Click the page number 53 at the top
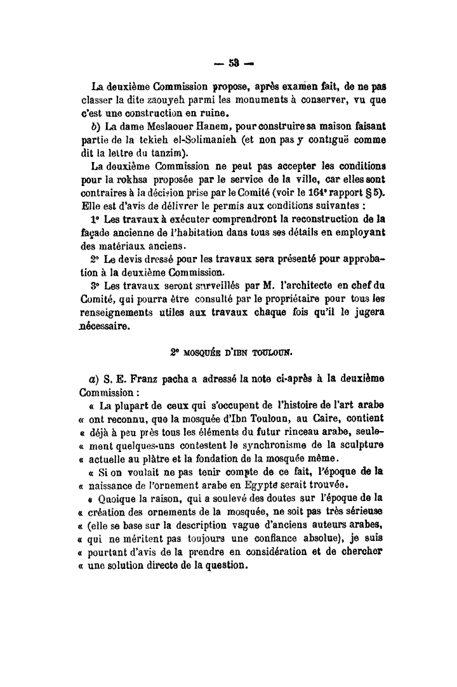(229, 63)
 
